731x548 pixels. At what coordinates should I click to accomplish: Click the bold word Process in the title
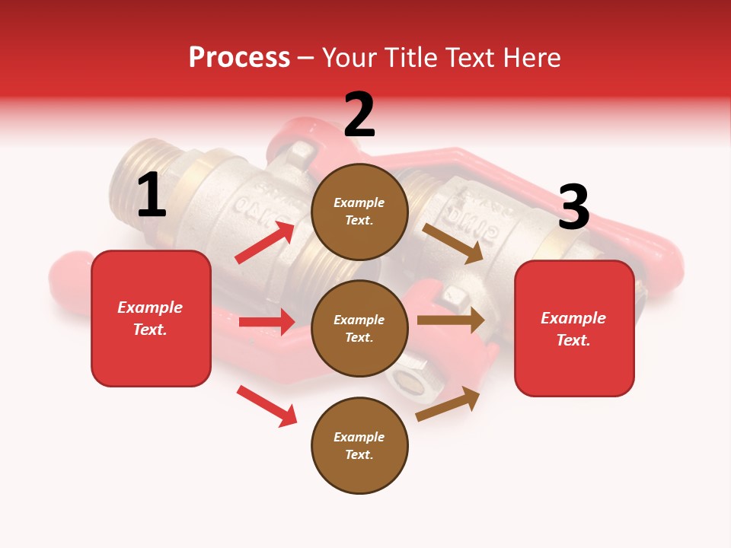tap(239, 58)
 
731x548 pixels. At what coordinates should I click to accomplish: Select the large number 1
tap(152, 196)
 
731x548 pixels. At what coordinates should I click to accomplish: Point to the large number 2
tap(359, 115)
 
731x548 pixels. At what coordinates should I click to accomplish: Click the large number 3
tap(573, 207)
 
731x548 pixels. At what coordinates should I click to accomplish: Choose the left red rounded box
tap(151, 318)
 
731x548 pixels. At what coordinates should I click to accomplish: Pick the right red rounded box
tap(574, 328)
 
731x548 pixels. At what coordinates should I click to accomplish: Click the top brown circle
tap(359, 211)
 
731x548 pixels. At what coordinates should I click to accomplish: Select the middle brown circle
tap(359, 328)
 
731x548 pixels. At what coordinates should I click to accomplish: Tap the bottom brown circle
tap(359, 445)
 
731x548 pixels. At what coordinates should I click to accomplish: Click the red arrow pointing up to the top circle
tap(265, 243)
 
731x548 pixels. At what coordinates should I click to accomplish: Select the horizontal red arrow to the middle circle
tap(267, 322)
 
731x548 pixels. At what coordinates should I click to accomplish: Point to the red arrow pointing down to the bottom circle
tap(267, 406)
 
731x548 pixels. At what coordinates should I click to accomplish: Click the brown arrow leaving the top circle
tap(452, 243)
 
